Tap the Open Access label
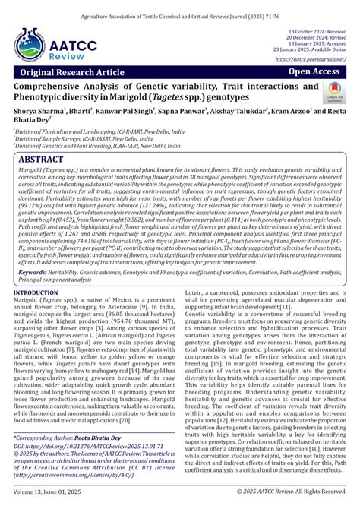[x=313, y=71]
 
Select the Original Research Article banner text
[x=74, y=72]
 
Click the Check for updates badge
[x=333, y=93]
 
